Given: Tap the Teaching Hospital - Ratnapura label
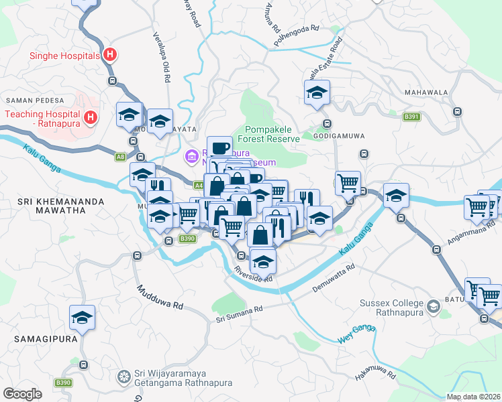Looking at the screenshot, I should (x=42, y=119).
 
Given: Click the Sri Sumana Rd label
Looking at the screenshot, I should (x=239, y=311).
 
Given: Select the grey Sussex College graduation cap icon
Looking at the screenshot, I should (x=434, y=307).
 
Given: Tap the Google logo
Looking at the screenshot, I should (x=22, y=394).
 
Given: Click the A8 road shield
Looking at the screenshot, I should (x=120, y=157).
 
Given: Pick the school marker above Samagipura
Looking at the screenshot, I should (x=83, y=317).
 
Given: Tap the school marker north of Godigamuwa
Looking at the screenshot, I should (x=317, y=92).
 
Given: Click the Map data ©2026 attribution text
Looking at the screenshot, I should (x=474, y=397).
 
